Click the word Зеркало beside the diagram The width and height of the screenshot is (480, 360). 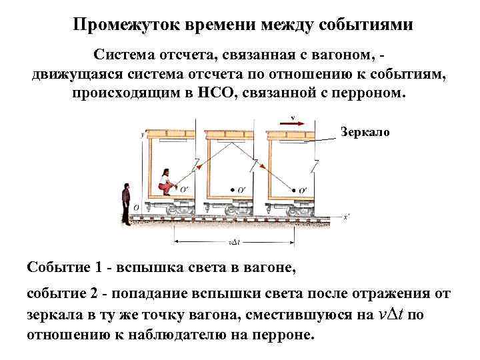click(365, 132)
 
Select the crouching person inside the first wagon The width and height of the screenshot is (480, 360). click(165, 181)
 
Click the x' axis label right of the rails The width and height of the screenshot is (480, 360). click(345, 217)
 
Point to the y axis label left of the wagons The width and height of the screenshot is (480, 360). click(143, 134)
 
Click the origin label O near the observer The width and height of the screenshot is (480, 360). click(136, 207)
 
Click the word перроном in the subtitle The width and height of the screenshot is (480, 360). click(373, 92)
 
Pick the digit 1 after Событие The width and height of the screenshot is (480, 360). click(99, 268)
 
